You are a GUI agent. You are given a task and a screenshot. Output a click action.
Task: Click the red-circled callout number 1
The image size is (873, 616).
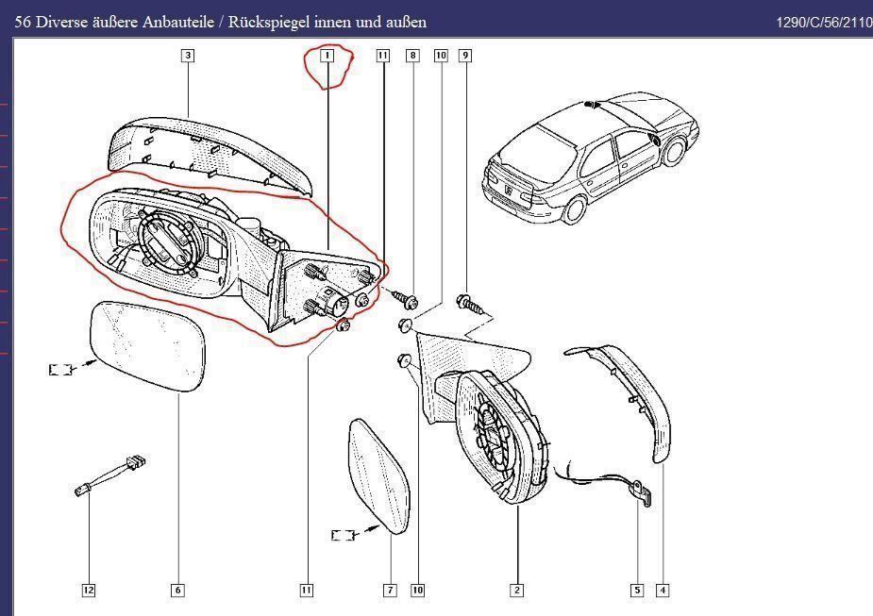[327, 57]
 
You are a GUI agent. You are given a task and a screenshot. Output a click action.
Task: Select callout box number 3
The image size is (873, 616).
[188, 56]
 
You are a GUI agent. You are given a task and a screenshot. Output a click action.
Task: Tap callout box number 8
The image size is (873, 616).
[412, 57]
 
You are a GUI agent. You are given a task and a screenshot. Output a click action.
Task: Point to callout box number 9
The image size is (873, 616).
[464, 57]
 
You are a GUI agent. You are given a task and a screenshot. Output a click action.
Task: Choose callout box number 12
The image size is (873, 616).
[88, 591]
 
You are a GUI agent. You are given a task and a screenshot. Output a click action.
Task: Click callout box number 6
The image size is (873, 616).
[177, 591]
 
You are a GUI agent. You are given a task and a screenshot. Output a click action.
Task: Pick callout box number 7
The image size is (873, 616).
[390, 591]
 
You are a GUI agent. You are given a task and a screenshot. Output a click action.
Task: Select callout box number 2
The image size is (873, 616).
[516, 591]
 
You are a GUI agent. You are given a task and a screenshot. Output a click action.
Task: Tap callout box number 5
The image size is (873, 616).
[637, 591]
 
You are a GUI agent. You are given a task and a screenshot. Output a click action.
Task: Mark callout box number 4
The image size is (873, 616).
[663, 591]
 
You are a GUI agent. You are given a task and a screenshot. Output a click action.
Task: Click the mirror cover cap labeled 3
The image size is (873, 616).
[208, 151]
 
